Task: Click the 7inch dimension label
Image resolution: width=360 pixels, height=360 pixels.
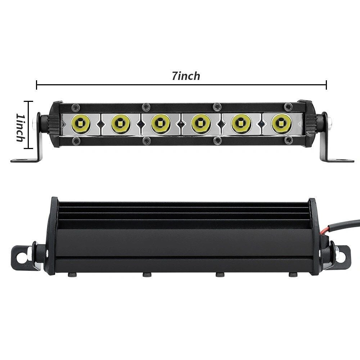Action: (x=186, y=76)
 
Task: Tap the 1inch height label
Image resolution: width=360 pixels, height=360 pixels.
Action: (x=20, y=127)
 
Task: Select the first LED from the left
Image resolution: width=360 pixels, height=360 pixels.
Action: (x=80, y=124)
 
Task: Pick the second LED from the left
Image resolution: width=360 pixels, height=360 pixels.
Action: (x=120, y=124)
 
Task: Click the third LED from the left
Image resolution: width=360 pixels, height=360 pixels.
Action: (x=161, y=124)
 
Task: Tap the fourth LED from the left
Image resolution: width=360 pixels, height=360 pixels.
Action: (x=201, y=124)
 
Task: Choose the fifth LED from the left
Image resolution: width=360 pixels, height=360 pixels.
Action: (x=241, y=124)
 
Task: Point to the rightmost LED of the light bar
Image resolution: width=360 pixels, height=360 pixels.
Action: (x=282, y=124)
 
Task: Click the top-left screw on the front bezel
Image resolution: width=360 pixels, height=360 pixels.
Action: (x=76, y=107)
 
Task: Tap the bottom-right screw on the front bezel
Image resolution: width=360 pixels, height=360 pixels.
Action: (x=288, y=140)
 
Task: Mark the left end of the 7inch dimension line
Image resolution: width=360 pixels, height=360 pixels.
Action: (x=37, y=85)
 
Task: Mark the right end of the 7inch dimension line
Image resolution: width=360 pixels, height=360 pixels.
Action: (x=326, y=85)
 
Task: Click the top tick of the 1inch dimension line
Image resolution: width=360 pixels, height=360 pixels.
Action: (x=28, y=102)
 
